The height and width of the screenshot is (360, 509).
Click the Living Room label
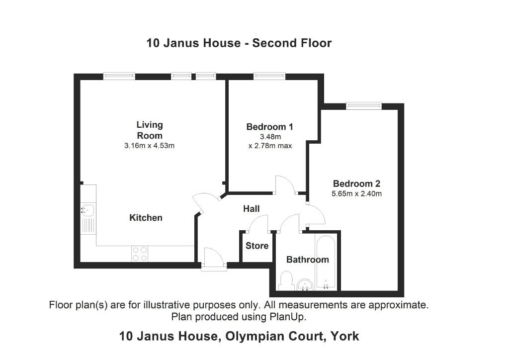pyautogui.click(x=150, y=130)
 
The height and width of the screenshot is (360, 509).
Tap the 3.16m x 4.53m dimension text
pyautogui.click(x=150, y=146)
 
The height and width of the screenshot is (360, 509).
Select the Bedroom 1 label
pyautogui.click(x=269, y=127)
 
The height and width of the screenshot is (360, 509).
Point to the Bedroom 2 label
pyautogui.click(x=356, y=183)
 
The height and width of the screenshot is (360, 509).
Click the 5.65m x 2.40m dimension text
pyautogui.click(x=356, y=194)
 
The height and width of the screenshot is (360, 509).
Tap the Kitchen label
pyautogui.click(x=146, y=218)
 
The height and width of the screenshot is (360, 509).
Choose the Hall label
pyautogui.click(x=251, y=209)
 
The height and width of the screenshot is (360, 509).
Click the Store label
pyautogui.click(x=257, y=246)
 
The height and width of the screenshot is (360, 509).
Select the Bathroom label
pyautogui.click(x=307, y=260)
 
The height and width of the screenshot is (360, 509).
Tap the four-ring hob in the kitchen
pyautogui.click(x=139, y=254)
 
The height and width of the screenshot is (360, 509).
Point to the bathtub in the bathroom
pyautogui.click(x=326, y=263)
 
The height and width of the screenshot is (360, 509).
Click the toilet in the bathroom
pyautogui.click(x=286, y=281)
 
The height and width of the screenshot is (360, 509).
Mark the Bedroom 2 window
pyautogui.click(x=364, y=105)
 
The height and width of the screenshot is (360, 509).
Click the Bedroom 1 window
pyautogui.click(x=269, y=76)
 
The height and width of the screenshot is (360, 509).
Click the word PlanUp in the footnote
pyautogui.click(x=289, y=316)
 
